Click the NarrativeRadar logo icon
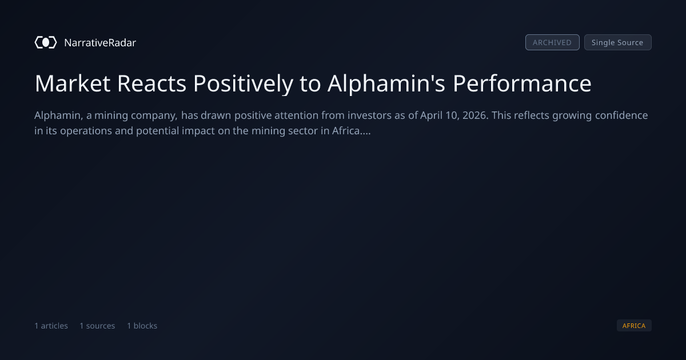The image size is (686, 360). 46,42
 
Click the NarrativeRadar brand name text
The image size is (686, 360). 100,42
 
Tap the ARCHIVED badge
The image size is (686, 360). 552,42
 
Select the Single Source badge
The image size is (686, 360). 618,42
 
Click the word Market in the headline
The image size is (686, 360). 73,83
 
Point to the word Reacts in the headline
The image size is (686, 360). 152,83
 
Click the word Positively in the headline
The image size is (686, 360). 243,84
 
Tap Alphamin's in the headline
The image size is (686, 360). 386,83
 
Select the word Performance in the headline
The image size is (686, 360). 522,83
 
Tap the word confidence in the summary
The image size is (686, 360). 621,115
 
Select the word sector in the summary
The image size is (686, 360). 303,131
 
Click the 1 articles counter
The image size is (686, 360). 51,326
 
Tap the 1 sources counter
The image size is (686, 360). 97,326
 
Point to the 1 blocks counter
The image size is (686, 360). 142,326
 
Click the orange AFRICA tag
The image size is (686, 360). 634,325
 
